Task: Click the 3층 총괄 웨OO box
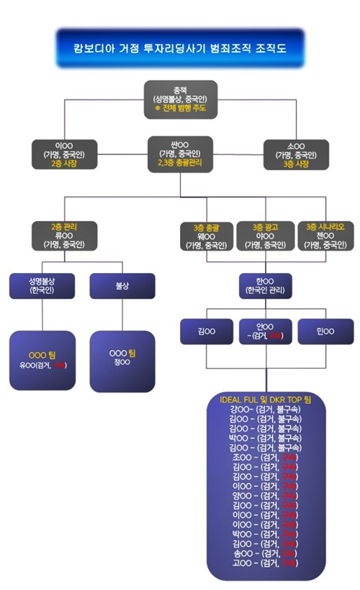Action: (x=207, y=236)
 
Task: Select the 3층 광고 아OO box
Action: (x=266, y=236)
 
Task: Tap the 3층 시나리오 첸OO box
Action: (x=325, y=236)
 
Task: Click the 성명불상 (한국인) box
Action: (x=43, y=285)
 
